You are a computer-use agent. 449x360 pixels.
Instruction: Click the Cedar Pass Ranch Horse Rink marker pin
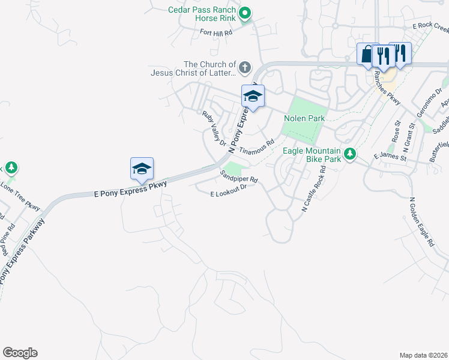pos(244,13)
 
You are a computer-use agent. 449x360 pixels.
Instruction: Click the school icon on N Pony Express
pos(253,97)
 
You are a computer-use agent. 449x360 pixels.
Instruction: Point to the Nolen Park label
pos(304,118)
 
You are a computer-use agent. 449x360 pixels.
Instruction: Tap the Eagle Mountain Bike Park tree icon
pos(349,154)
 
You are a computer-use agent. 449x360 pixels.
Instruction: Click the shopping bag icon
pos(367,54)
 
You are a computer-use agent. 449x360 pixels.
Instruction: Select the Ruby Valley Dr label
pos(214,129)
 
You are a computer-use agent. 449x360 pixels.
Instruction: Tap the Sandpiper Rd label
pos(238,176)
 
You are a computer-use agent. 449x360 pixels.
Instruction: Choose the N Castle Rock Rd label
pos(313,190)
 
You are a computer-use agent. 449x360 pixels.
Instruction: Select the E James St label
pos(390,158)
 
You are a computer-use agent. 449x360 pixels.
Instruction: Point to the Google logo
pos(20,353)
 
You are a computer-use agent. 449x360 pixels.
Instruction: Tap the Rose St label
pos(396,131)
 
